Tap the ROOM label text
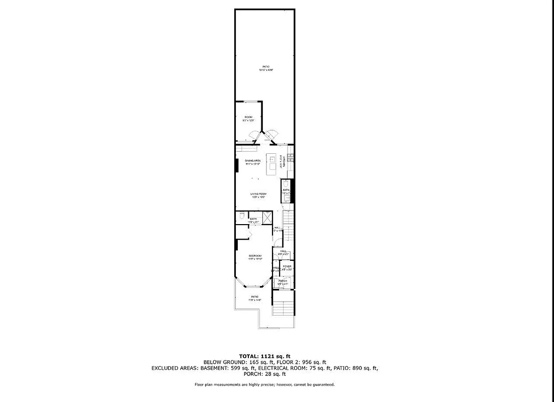(248, 117)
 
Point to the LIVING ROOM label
(258, 194)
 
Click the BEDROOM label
(255, 256)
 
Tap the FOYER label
(287, 266)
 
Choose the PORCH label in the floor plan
(283, 281)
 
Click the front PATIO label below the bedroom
(255, 297)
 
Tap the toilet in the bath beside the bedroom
(242, 216)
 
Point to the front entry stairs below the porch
(283, 307)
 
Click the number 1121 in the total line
(269, 356)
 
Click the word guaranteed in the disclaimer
(322, 385)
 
